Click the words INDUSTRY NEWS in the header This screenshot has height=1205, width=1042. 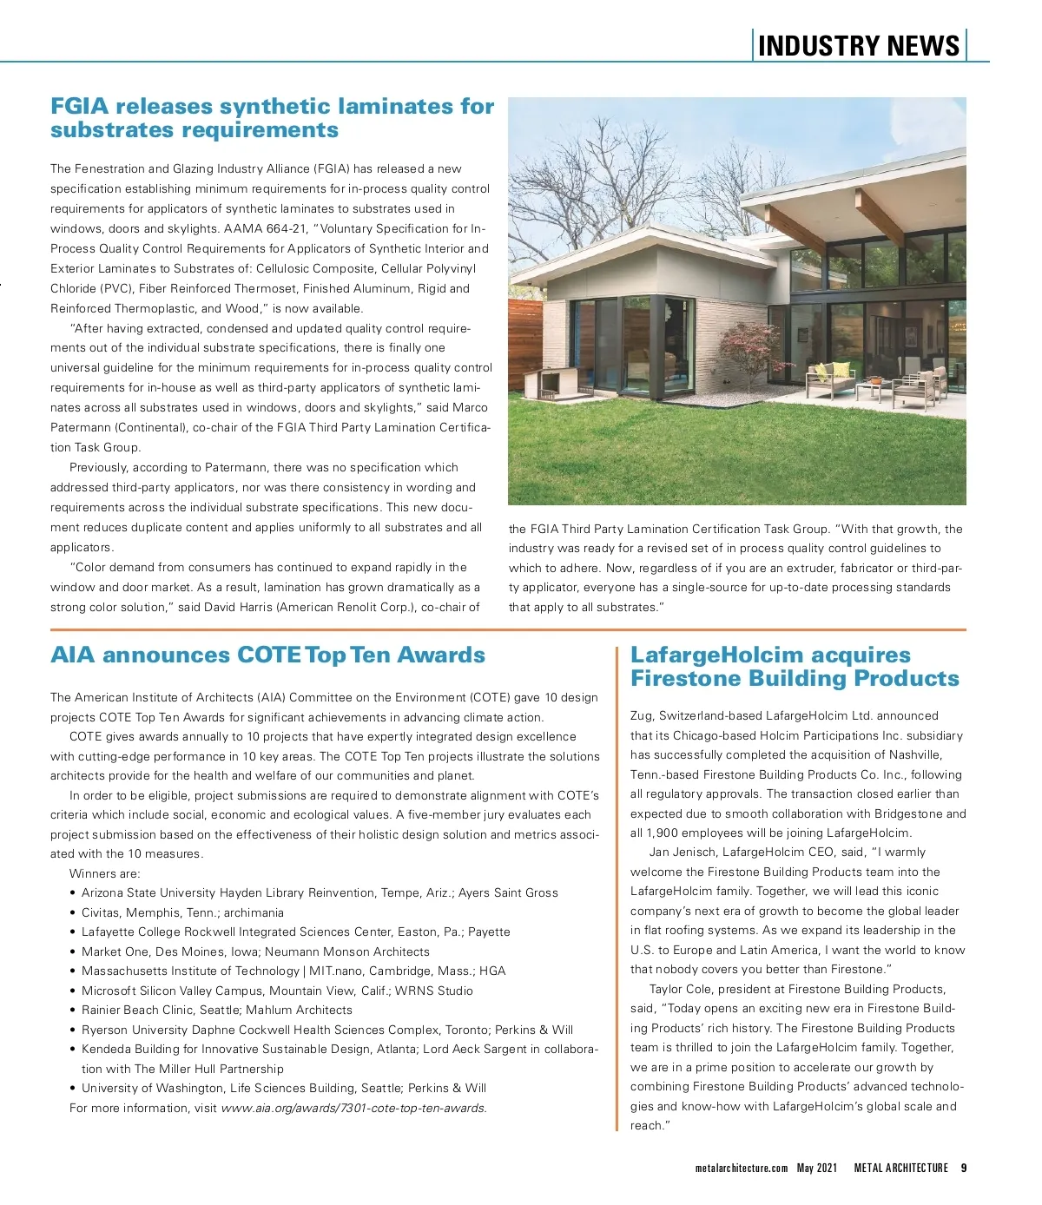[858, 46]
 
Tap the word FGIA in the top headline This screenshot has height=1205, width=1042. [80, 107]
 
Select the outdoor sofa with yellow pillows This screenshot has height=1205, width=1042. [830, 376]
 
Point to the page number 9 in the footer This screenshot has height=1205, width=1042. [963, 1169]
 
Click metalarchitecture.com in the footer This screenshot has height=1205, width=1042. [742, 1169]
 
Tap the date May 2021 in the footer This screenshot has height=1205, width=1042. [817, 1169]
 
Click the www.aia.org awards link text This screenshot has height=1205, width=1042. [353, 1108]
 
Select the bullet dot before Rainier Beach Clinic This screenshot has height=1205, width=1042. [72, 1011]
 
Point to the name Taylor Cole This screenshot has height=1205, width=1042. [681, 989]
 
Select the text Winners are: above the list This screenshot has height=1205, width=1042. [104, 873]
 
